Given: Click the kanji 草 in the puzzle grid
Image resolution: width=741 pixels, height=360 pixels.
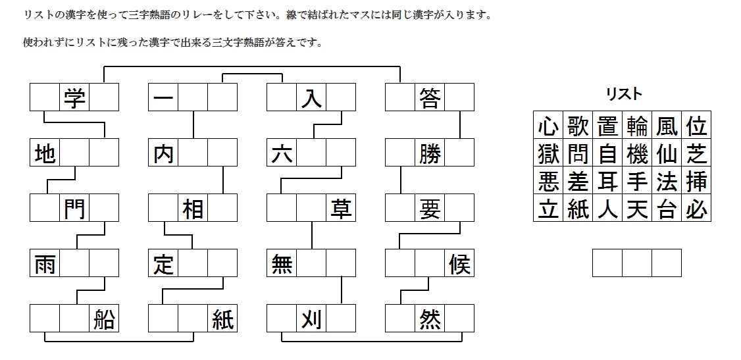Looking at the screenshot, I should (341, 209).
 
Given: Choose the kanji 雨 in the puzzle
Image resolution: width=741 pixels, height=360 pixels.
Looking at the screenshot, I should (45, 264).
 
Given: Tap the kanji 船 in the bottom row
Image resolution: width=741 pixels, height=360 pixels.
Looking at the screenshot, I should (104, 319).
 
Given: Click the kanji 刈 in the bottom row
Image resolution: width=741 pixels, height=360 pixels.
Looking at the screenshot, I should (311, 319).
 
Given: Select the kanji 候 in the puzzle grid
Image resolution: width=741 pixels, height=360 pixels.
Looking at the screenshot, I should (459, 264).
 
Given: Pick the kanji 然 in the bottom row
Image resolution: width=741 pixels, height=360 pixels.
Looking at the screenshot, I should (430, 319).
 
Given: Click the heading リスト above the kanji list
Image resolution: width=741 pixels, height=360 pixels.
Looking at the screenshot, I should (623, 94).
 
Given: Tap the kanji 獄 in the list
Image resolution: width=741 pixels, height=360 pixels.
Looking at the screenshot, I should (548, 153).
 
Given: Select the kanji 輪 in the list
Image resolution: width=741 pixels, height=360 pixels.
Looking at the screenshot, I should (637, 125).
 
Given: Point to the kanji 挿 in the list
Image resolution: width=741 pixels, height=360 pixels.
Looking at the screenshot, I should (696, 181).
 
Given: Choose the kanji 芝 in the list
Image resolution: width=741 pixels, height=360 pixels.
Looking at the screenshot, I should (696, 153).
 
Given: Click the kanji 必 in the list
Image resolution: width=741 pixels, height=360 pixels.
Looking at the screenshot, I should (696, 209).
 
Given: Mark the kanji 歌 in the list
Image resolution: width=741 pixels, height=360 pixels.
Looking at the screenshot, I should (578, 125).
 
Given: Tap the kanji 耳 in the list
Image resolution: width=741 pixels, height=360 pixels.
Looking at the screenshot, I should (607, 181).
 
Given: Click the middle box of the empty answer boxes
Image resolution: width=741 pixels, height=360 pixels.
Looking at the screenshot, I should (637, 263).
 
